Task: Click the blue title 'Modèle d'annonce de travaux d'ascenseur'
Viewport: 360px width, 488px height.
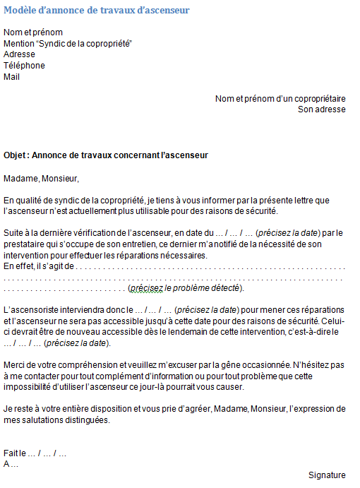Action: click(96, 10)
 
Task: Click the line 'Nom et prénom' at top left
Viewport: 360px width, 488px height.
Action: click(33, 32)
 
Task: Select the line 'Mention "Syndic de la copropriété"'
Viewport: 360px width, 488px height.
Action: click(68, 43)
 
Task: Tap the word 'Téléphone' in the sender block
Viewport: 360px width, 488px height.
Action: click(24, 66)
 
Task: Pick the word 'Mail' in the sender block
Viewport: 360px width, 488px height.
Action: click(12, 77)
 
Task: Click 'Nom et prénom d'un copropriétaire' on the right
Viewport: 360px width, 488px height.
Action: click(280, 99)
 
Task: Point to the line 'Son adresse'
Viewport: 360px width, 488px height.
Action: click(321, 110)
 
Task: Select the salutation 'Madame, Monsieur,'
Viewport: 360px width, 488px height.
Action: click(41, 178)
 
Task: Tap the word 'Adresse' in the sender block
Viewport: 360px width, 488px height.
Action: click(19, 54)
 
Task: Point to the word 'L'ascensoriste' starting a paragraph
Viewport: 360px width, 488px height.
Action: click(30, 310)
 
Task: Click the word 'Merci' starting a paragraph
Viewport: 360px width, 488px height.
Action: click(14, 365)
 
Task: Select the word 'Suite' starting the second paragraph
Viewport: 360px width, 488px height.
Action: click(14, 232)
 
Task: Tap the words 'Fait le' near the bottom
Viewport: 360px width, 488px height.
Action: click(15, 453)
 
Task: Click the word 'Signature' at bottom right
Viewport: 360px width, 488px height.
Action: click(327, 475)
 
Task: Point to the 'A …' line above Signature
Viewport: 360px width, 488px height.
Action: click(11, 464)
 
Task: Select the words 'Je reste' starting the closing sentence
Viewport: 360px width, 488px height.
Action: click(20, 409)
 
